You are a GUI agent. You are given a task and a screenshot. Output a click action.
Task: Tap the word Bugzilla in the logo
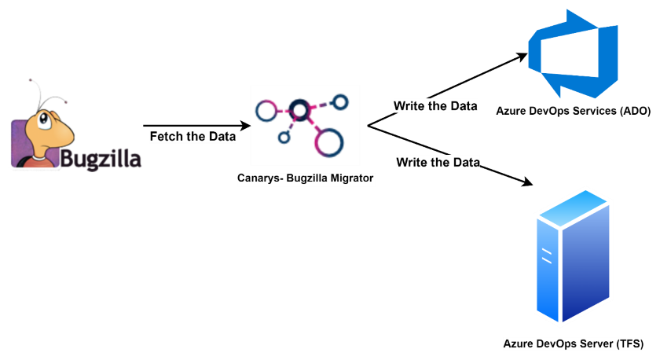click(x=101, y=159)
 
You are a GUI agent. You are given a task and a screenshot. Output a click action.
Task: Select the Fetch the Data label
click(x=192, y=136)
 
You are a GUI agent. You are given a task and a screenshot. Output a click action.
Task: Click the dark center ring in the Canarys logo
click(x=298, y=107)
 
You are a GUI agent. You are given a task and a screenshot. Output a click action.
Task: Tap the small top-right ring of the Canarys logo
click(x=340, y=101)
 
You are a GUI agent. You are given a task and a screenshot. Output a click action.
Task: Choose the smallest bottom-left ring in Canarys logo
click(x=284, y=138)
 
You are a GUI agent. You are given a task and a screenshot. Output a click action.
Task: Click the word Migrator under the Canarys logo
click(x=346, y=178)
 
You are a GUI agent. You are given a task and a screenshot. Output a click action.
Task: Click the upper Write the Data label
click(x=435, y=106)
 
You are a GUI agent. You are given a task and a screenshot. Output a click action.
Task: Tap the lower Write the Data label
click(x=438, y=163)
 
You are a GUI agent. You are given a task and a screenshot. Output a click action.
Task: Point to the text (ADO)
click(x=633, y=112)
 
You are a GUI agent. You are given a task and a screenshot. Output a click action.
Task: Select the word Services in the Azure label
click(x=592, y=112)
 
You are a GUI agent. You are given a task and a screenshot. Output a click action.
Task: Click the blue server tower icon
click(x=572, y=259)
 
